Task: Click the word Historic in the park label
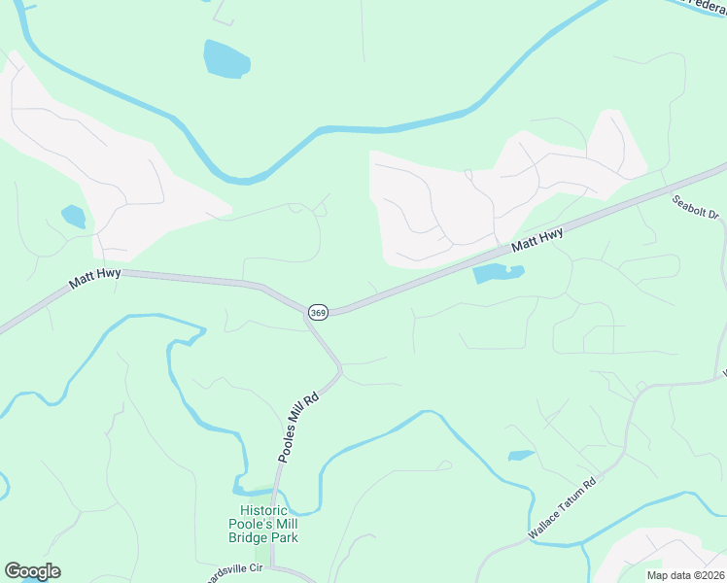pyautogui.click(x=263, y=511)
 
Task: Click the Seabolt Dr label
pyautogui.click(x=695, y=207)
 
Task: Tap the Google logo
pyautogui.click(x=32, y=571)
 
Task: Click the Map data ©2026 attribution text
pyautogui.click(x=685, y=575)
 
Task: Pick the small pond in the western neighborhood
pyautogui.click(x=74, y=216)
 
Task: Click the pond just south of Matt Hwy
pyautogui.click(x=498, y=274)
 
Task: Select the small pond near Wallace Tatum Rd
pyautogui.click(x=520, y=455)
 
